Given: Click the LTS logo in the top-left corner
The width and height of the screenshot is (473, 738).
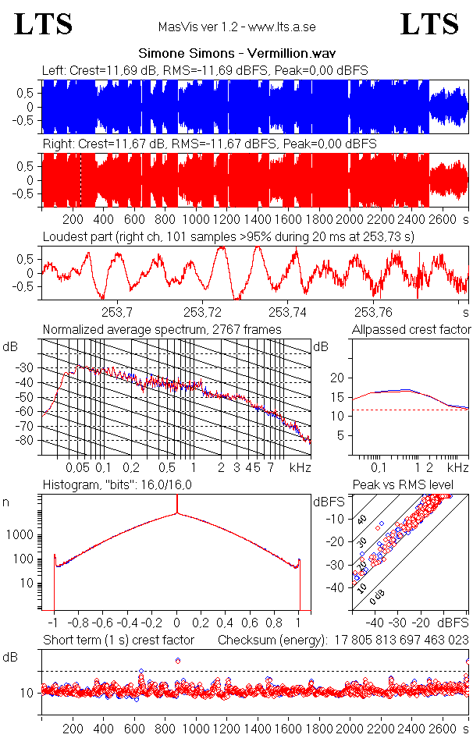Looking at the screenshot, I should coord(44,24).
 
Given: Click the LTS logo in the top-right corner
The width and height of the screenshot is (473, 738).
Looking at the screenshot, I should coord(429,24).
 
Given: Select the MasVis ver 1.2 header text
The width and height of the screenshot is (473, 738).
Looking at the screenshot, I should coord(236,27).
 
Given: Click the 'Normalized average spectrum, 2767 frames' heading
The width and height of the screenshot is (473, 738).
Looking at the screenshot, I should coord(162,329).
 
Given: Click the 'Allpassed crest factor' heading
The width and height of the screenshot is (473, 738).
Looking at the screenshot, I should coord(411,329).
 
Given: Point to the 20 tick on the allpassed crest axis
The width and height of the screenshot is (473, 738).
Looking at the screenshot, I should coord(338,378).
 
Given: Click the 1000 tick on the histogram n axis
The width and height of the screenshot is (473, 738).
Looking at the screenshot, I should coord(21,535).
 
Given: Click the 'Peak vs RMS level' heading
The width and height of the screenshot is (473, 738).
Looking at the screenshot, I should coord(403,485).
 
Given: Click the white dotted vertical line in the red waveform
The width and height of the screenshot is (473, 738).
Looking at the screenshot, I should coord(80,179).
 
